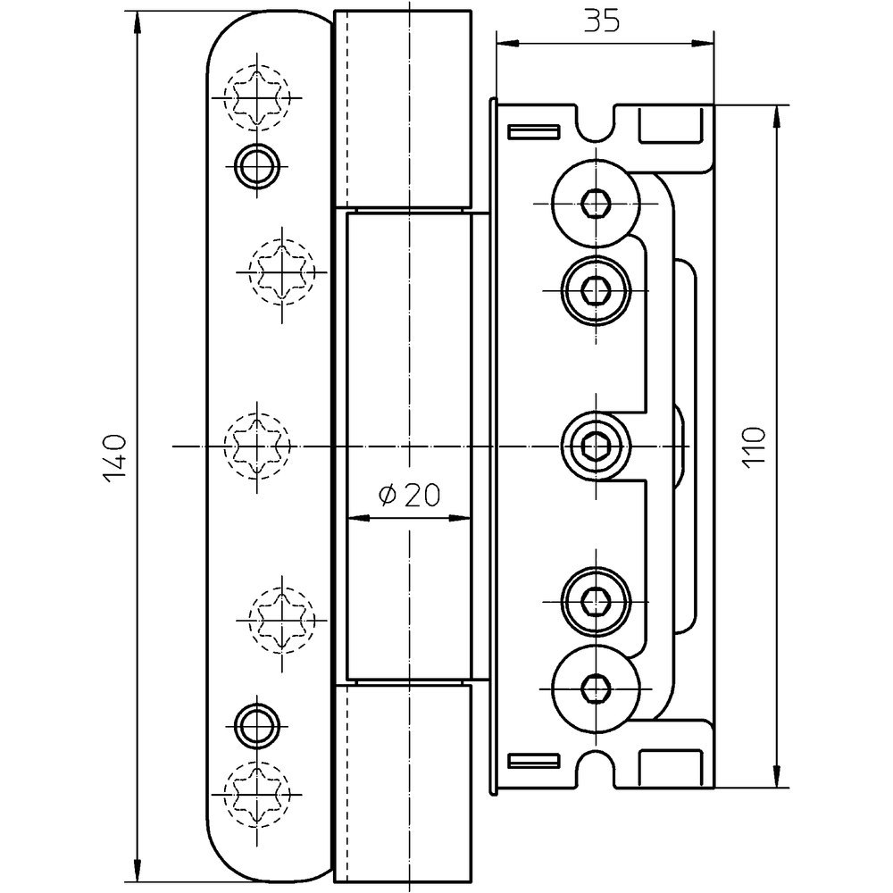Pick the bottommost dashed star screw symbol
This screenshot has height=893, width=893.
click(257, 790)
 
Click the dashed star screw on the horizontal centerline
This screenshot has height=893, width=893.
click(257, 444)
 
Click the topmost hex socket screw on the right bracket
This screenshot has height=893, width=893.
click(595, 204)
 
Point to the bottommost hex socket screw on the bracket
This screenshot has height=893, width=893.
click(595, 688)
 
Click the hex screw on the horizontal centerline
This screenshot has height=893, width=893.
click(595, 444)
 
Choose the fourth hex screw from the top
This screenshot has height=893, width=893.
click(595, 600)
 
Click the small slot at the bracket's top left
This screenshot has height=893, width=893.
click(533, 132)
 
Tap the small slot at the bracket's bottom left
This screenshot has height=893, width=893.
click(533, 761)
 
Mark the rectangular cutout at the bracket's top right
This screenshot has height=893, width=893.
click(671, 125)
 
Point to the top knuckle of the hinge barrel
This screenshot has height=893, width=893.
click(403, 107)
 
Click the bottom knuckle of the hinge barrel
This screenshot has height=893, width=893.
click(403, 781)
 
